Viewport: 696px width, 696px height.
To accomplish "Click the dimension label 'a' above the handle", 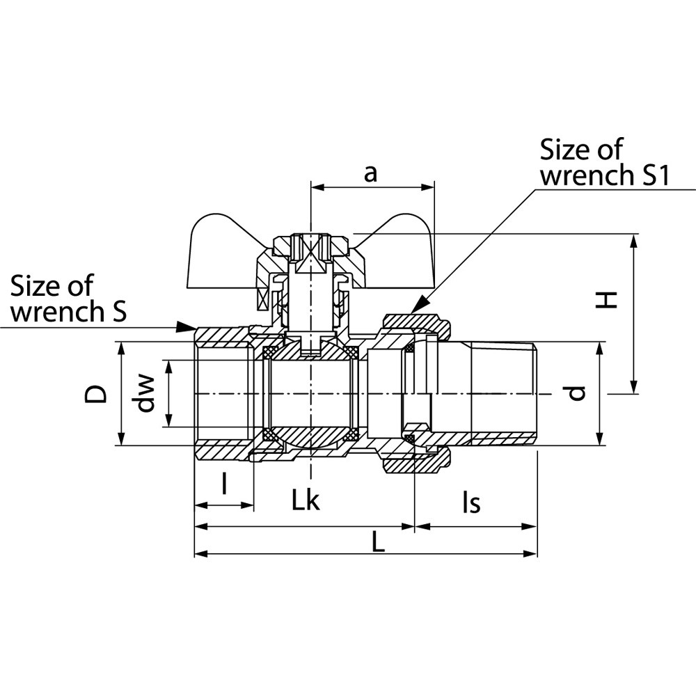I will click(x=371, y=173).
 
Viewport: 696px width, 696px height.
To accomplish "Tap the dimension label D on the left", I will click(x=97, y=393).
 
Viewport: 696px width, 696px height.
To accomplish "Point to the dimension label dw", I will click(x=145, y=393).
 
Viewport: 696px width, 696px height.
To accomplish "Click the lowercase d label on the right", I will click(x=576, y=393).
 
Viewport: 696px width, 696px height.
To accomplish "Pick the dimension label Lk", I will click(x=306, y=500).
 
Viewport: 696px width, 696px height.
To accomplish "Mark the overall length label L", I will click(x=378, y=542).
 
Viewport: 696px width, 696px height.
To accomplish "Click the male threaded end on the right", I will click(x=504, y=393).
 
